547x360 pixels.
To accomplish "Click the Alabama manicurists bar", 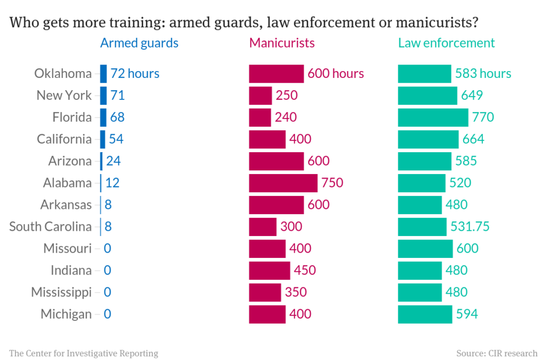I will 283,183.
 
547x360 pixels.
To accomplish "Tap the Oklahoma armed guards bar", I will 103,73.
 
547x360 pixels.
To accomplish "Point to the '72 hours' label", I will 135,73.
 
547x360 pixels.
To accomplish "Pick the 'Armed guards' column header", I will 139,43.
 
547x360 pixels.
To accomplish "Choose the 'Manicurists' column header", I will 282,43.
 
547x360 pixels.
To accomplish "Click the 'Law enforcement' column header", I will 446,43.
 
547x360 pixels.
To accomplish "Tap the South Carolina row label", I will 50,226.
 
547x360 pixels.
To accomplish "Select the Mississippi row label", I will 61,292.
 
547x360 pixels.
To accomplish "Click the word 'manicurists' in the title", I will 438,23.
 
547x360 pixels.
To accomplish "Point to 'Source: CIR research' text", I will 497,353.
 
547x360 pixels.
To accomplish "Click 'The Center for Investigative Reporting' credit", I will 83,353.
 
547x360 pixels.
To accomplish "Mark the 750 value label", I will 332,183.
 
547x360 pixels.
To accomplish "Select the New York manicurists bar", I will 260,95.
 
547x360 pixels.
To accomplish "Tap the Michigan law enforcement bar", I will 425,314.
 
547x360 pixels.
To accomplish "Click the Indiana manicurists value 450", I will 305,270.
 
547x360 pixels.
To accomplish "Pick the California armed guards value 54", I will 116,139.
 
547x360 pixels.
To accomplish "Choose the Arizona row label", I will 69,161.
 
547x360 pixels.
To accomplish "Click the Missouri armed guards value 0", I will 107,248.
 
